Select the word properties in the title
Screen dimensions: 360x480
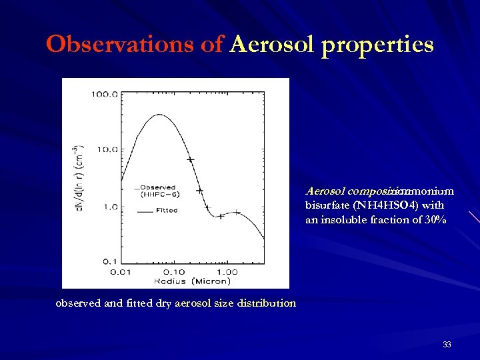(x=378, y=46)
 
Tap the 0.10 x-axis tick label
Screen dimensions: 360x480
(x=175, y=271)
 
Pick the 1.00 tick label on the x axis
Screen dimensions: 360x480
(x=227, y=271)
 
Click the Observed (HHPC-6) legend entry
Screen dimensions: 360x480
(x=157, y=191)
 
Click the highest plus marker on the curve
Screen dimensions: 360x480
(x=191, y=160)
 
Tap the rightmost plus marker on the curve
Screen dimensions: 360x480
(x=237, y=213)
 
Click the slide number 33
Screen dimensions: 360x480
(x=447, y=345)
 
